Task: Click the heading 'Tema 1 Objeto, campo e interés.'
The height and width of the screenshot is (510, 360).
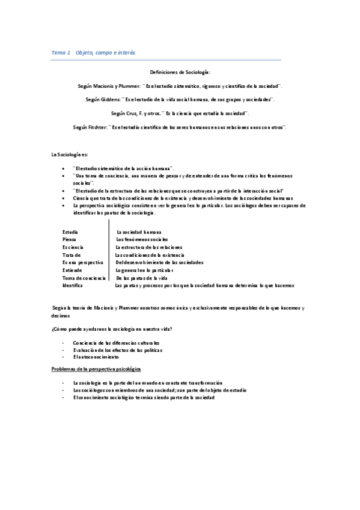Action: [94, 53]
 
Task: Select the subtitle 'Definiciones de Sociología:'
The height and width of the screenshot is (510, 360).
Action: [180, 72]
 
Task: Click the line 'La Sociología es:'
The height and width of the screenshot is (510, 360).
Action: [70, 155]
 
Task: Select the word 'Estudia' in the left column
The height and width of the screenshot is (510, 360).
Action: [70, 232]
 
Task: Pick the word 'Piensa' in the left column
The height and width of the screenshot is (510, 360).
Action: [69, 239]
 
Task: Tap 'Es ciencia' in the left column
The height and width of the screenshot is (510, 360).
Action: [73, 247]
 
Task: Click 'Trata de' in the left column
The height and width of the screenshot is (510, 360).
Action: [72, 255]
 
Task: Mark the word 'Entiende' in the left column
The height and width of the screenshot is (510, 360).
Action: [72, 270]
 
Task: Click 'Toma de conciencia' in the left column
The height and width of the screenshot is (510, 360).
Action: [84, 278]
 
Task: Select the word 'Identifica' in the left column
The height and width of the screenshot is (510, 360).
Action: [73, 285]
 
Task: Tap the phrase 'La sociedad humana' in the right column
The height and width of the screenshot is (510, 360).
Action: [139, 232]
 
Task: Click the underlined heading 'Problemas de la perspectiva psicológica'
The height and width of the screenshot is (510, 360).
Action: [96, 368]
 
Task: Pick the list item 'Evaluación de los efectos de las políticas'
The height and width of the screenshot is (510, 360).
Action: [118, 349]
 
